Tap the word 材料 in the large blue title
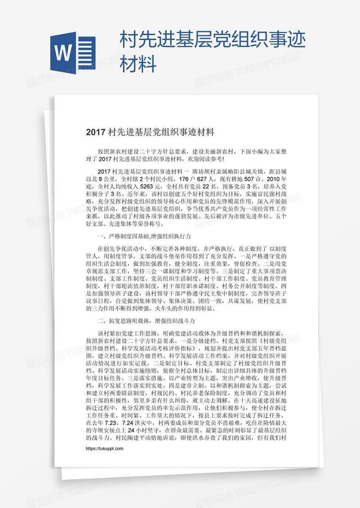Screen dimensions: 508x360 click(x=138, y=63)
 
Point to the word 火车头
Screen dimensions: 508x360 click(x=162, y=309)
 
